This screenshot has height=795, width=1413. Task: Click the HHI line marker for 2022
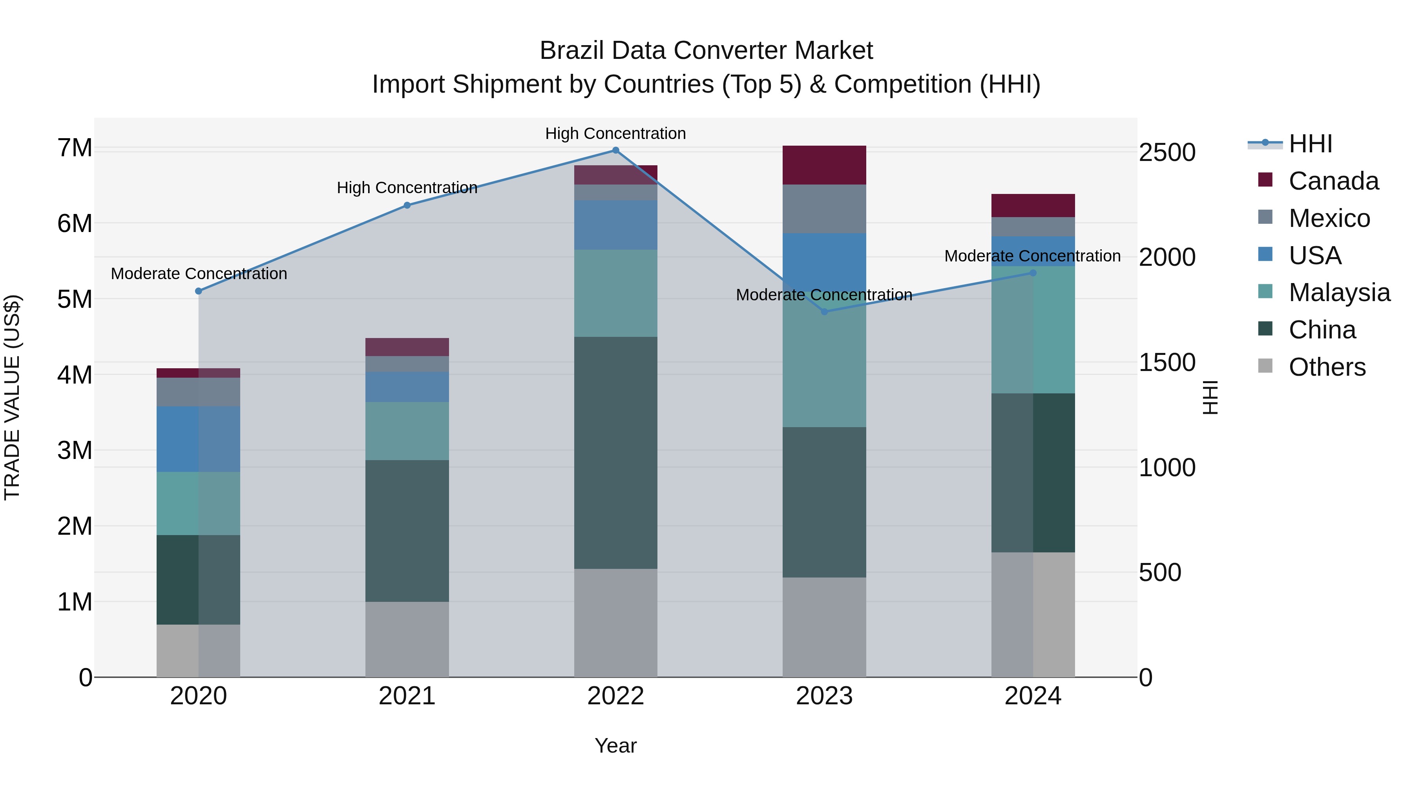tap(615, 150)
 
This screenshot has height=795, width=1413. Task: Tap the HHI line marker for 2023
tap(824, 312)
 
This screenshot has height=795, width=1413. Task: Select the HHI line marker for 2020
tap(199, 291)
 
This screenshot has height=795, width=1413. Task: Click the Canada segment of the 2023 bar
tap(824, 165)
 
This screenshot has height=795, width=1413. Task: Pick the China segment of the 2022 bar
tap(615, 453)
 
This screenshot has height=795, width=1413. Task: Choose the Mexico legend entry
tap(1329, 218)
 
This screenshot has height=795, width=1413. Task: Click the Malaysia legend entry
tap(1339, 292)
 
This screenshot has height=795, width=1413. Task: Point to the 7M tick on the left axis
tap(75, 148)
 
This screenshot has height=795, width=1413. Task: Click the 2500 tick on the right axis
tap(1167, 153)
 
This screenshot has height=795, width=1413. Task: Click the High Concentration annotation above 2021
tap(407, 188)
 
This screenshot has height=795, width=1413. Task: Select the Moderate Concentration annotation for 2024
tap(1032, 256)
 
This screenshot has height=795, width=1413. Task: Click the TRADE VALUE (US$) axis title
tap(12, 397)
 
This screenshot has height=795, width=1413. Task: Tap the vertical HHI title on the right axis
tap(1210, 397)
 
